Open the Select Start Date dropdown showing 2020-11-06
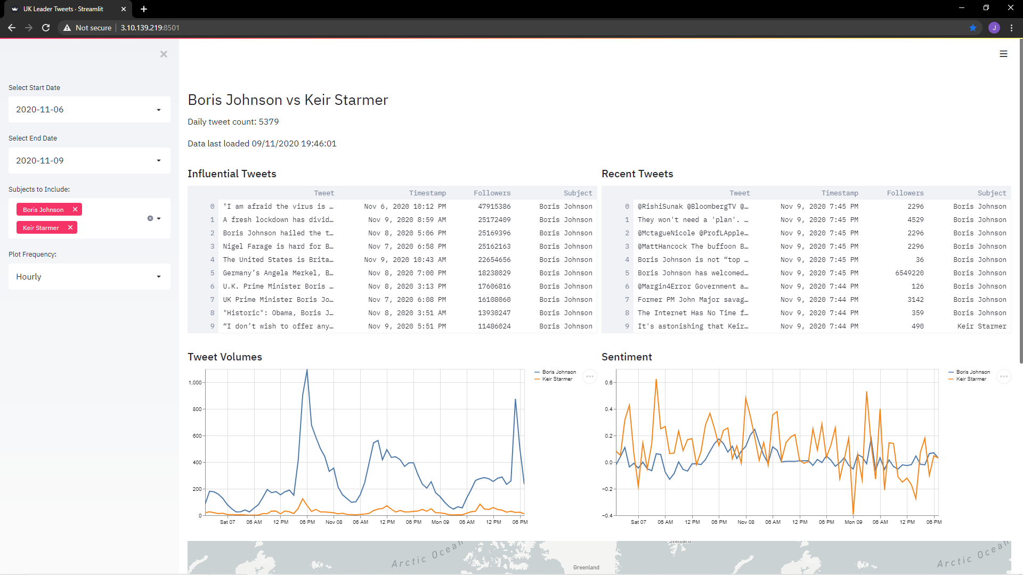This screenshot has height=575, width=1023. [89, 110]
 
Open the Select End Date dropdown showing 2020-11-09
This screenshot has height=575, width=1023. [89, 160]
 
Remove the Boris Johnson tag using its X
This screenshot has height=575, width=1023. [75, 210]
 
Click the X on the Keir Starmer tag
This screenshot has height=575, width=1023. [70, 228]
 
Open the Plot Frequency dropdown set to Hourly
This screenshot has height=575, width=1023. [89, 277]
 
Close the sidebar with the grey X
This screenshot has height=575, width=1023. [164, 54]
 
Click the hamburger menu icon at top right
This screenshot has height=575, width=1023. [1003, 54]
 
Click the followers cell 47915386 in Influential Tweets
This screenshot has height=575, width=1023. [494, 207]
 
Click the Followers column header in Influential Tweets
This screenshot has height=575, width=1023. [492, 193]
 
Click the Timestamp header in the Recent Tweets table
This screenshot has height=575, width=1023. [840, 193]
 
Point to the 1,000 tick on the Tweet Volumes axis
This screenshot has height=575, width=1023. [195, 383]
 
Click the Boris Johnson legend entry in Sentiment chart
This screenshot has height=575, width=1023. [969, 372]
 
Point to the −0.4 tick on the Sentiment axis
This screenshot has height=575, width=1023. [607, 515]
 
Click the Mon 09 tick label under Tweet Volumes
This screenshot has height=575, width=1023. [440, 522]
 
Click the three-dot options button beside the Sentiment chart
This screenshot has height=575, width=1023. [1003, 376]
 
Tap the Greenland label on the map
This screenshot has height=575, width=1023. [586, 568]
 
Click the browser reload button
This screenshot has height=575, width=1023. [46, 28]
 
